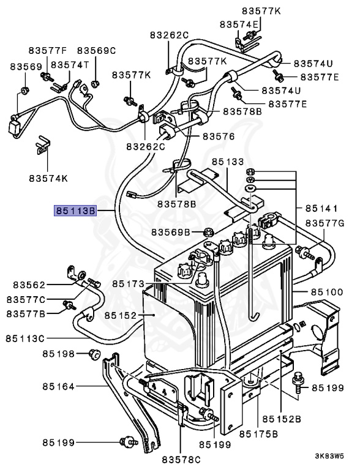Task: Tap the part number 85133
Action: [x=227, y=162]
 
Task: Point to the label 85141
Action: [x=324, y=208]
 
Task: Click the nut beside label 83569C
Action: [x=95, y=83]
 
